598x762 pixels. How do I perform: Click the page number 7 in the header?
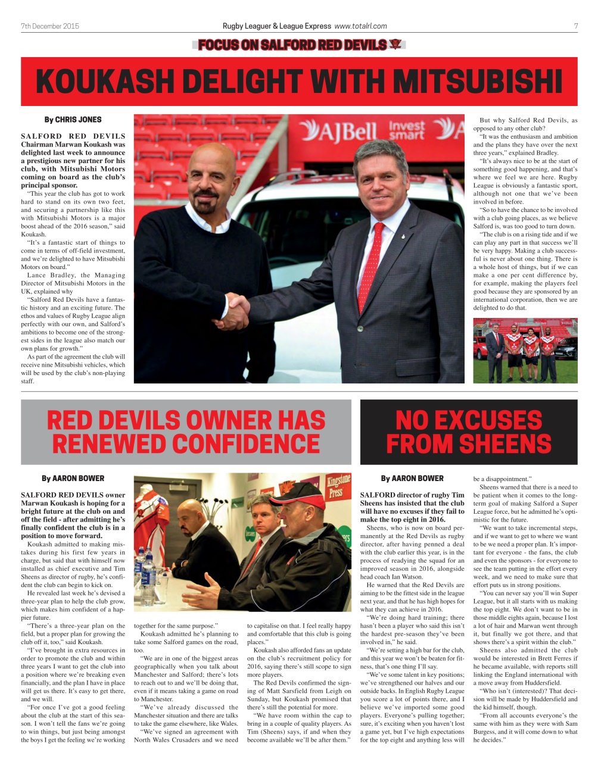[x=575, y=26]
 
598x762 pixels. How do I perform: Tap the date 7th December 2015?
[x=49, y=26]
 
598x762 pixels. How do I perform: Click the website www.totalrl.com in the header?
[x=360, y=26]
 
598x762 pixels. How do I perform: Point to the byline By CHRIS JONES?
[x=73, y=120]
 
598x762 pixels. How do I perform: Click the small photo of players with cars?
[x=525, y=350]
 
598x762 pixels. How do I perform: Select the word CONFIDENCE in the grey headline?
[x=186, y=444]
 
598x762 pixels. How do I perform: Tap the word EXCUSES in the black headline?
[x=469, y=420]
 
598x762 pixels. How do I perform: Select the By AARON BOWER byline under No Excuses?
[x=412, y=478]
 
